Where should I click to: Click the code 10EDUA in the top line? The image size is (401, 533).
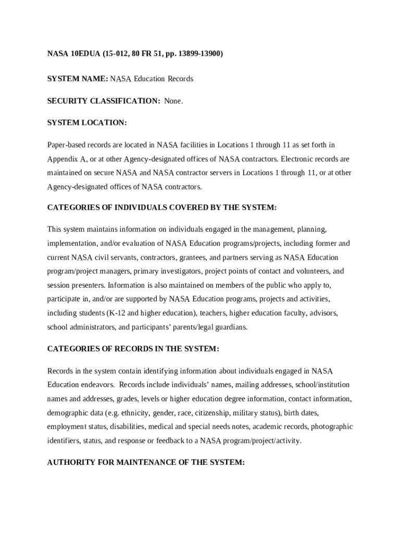coord(83,53)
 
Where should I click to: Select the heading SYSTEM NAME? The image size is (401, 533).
coord(78,79)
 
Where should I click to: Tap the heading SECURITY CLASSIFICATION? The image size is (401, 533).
coord(104,100)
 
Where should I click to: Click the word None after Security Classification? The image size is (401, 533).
coord(173,100)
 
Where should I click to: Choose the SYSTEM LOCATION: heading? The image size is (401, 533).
coord(87,122)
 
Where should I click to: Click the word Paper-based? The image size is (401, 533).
coord(66,145)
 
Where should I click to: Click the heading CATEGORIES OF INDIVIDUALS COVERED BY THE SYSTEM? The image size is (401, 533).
coord(162,207)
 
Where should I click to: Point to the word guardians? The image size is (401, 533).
coord(230,327)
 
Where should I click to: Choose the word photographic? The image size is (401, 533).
coord(331,426)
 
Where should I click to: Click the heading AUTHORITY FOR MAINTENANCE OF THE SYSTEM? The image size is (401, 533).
coord(146,462)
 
